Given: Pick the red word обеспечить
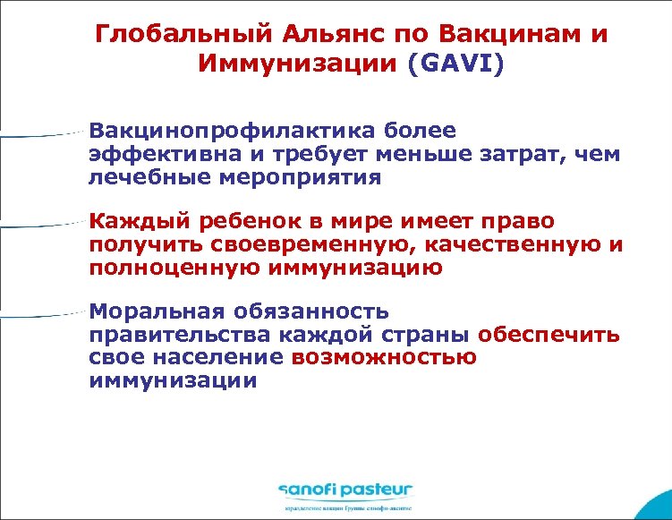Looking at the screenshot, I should click(x=549, y=336).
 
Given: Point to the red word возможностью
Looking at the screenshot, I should click(x=384, y=358).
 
